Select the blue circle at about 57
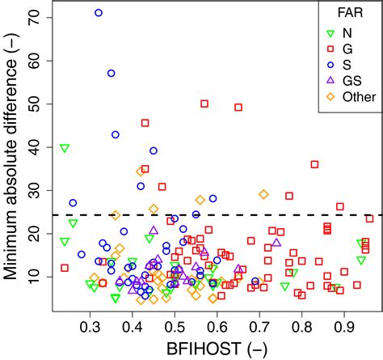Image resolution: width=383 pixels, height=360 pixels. click(112, 74)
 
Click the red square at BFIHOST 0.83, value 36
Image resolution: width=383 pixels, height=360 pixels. click(314, 164)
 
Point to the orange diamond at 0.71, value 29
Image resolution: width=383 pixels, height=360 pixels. click(263, 194)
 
